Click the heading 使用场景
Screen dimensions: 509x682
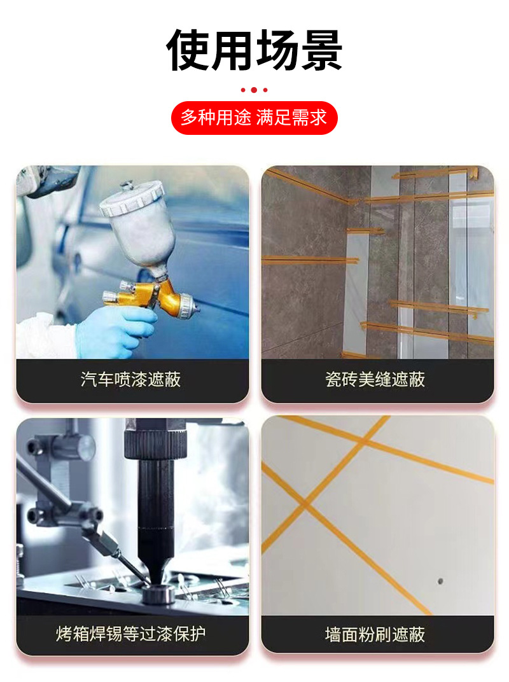point(254,50)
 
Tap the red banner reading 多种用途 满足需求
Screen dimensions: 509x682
point(254,118)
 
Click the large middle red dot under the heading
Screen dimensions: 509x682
point(254,90)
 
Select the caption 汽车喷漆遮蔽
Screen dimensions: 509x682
point(130,379)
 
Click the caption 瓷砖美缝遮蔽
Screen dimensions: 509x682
point(375,379)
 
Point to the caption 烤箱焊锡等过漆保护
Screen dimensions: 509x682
point(130,634)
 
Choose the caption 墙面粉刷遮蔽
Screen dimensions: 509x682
point(375,634)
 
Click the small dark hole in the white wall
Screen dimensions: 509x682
point(440,581)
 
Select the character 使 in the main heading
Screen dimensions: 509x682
point(188,50)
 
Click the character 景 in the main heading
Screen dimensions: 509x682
point(321,50)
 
